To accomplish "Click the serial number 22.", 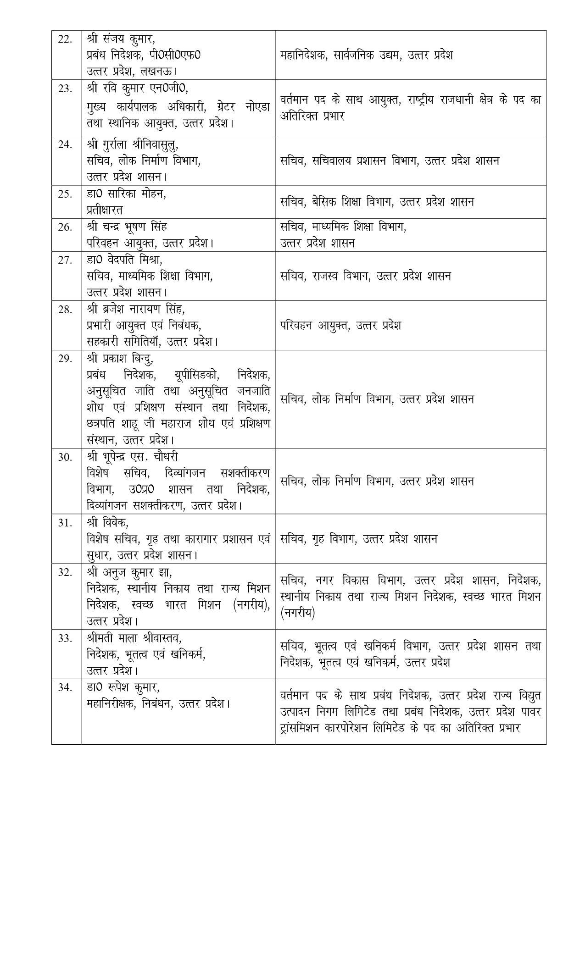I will coord(65,39).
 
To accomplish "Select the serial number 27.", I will coord(65,260).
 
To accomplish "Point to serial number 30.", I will coord(65,457).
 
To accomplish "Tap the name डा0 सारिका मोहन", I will coord(126,194).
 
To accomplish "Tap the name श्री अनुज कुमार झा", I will coord(129,572).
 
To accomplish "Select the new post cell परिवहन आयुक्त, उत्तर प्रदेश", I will coord(340,326).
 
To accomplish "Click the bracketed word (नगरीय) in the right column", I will coord(296,613).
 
